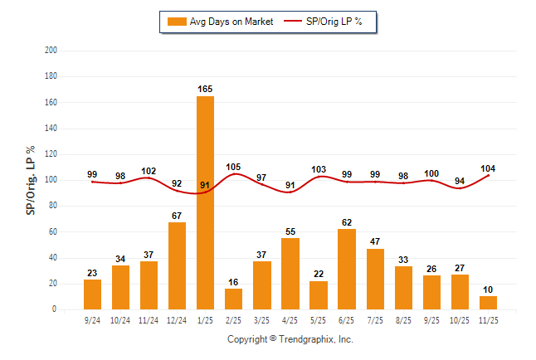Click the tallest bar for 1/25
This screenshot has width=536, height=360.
(x=205, y=202)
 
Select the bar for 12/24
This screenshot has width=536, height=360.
(x=177, y=265)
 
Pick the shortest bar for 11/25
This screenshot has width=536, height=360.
(x=488, y=303)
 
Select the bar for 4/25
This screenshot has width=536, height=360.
(x=290, y=274)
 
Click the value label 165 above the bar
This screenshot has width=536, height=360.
(x=205, y=88)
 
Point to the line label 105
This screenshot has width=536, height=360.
(x=233, y=166)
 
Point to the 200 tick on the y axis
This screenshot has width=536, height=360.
(x=51, y=51)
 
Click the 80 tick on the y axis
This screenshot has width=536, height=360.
(x=53, y=206)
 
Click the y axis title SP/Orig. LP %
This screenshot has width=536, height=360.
(x=31, y=180)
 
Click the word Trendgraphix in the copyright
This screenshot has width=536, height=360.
(x=307, y=339)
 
